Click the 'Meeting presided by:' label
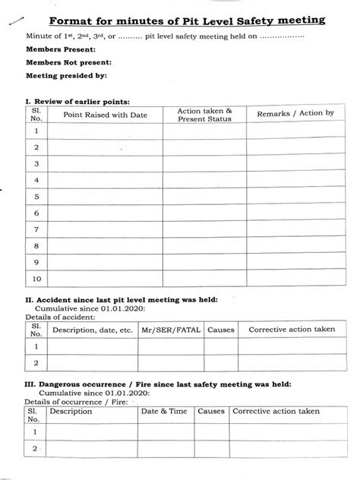click(66, 76)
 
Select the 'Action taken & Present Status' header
click(204, 115)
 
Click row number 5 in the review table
click(34, 195)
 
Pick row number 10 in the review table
click(34, 279)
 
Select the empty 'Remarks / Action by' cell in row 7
click(295, 228)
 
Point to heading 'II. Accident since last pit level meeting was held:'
click(122, 299)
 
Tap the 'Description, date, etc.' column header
click(92, 330)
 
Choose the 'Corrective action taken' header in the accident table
click(292, 330)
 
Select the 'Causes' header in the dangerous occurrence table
click(210, 411)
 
